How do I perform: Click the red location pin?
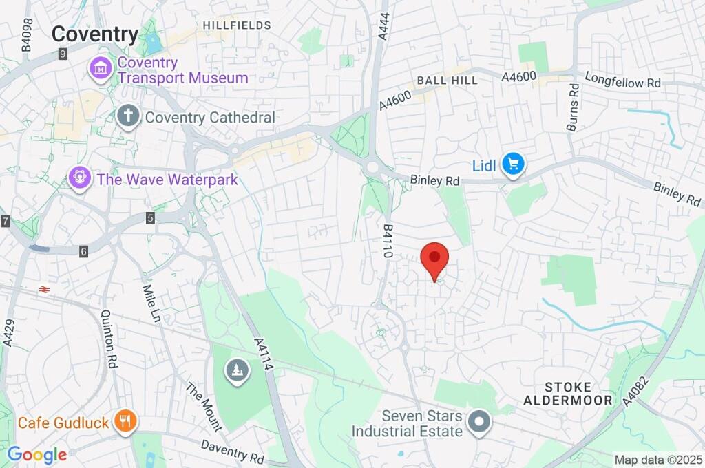point(434,259)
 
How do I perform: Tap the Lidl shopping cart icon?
point(513,164)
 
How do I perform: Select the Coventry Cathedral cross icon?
point(127,116)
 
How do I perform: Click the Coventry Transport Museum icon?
point(101,68)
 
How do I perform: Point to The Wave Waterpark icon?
point(81,179)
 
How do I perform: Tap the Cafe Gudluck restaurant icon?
point(125,421)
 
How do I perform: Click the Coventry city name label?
point(95,34)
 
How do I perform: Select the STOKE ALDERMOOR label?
point(567,394)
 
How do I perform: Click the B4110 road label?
point(388,240)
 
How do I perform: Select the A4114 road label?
point(264,354)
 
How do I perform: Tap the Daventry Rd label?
point(233,451)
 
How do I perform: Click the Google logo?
point(36,454)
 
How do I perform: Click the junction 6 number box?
point(83,252)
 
